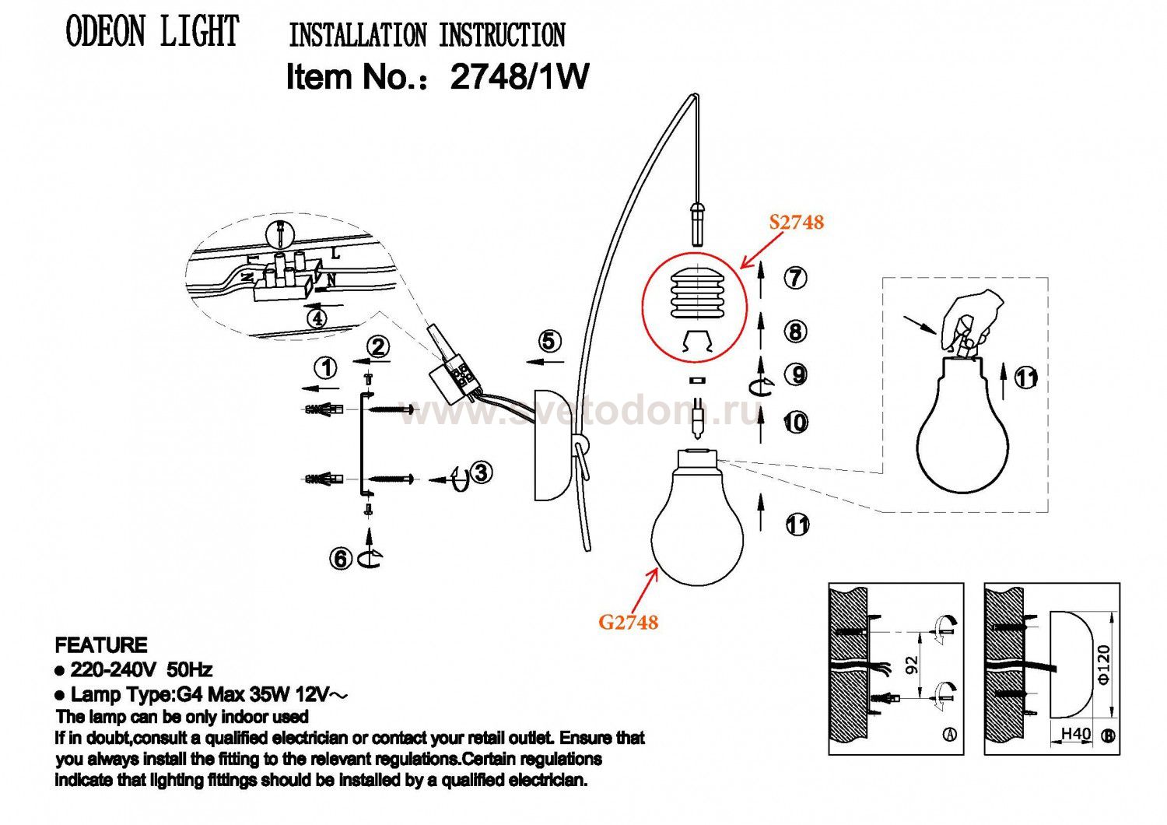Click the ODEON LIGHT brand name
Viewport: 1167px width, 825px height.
point(152,33)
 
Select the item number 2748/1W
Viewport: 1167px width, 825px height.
point(519,77)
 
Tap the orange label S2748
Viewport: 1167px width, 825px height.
point(796,223)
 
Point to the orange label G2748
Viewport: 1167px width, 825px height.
point(628,622)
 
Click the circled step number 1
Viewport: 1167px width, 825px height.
point(326,367)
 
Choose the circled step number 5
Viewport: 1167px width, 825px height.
point(549,341)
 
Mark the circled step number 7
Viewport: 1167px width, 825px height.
point(795,278)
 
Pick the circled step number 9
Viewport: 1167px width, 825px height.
point(795,375)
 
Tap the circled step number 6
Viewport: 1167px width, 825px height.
point(340,558)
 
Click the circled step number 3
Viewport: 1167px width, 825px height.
point(482,472)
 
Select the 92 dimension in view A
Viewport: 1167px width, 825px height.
point(913,665)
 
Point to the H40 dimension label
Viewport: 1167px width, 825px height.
point(1076,733)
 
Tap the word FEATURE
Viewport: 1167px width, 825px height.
point(101,645)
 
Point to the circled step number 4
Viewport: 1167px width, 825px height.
point(316,318)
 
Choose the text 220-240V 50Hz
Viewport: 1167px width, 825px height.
point(141,670)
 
